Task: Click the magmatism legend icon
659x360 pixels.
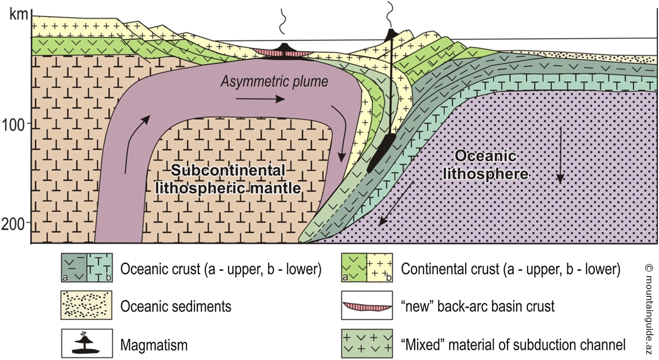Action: (x=88, y=345)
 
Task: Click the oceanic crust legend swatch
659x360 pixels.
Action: (x=88, y=268)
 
